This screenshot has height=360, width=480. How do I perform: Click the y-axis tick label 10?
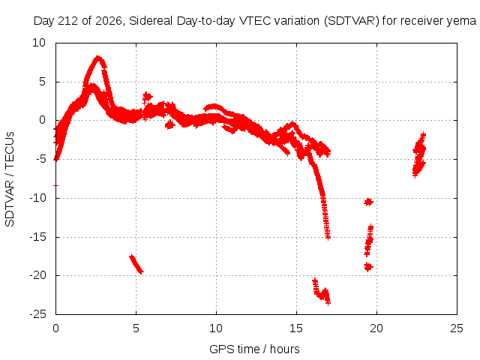click(39, 43)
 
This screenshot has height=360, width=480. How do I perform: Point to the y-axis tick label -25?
click(38, 314)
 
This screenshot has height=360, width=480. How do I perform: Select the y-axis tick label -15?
click(38, 237)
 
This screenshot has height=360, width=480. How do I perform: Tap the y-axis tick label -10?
click(38, 198)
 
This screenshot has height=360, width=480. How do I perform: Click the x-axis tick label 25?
click(457, 328)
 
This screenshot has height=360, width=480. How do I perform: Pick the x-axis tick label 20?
click(376, 328)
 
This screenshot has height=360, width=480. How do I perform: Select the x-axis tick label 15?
click(296, 328)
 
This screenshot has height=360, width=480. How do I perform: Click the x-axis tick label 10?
click(216, 328)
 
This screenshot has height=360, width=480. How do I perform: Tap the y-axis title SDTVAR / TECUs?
click(10, 179)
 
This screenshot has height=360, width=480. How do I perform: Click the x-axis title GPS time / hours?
click(254, 349)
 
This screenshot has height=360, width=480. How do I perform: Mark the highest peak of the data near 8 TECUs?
click(98, 58)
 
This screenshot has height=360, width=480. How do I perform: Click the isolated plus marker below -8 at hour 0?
click(55, 185)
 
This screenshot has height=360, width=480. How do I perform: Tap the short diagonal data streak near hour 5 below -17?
click(136, 264)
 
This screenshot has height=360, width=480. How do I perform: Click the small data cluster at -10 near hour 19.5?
click(368, 202)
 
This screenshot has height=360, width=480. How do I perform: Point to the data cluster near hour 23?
click(419, 155)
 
